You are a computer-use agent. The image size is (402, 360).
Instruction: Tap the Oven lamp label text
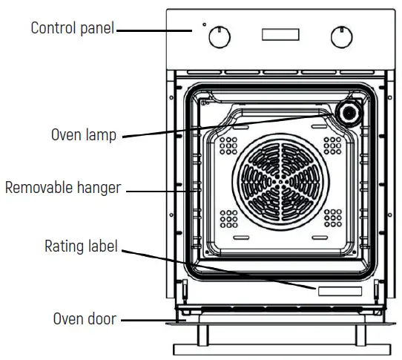[x=83, y=136]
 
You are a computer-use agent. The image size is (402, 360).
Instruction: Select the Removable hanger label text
[x=62, y=188]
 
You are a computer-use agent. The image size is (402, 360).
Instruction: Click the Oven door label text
[x=84, y=319]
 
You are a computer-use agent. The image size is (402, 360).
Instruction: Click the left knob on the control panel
[x=219, y=36]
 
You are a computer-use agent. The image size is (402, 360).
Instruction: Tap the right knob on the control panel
[x=341, y=36]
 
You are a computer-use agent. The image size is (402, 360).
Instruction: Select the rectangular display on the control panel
[x=279, y=35]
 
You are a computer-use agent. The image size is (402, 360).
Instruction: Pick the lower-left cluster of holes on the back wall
[x=229, y=218]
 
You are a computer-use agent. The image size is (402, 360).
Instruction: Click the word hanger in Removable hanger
[x=99, y=188]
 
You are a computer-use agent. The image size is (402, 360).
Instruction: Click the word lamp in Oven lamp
[x=101, y=136]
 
